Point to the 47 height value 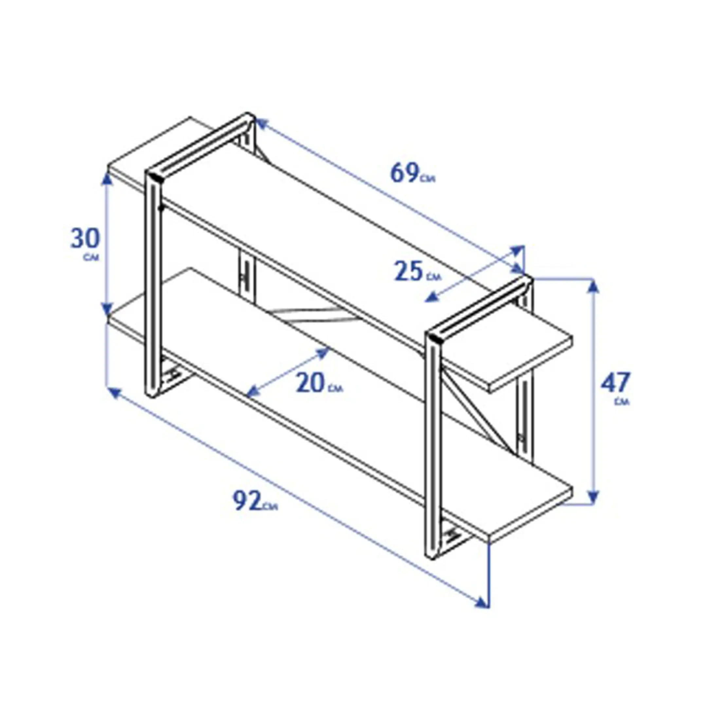point(615,382)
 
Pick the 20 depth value point(310,382)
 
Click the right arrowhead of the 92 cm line point(481,571)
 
